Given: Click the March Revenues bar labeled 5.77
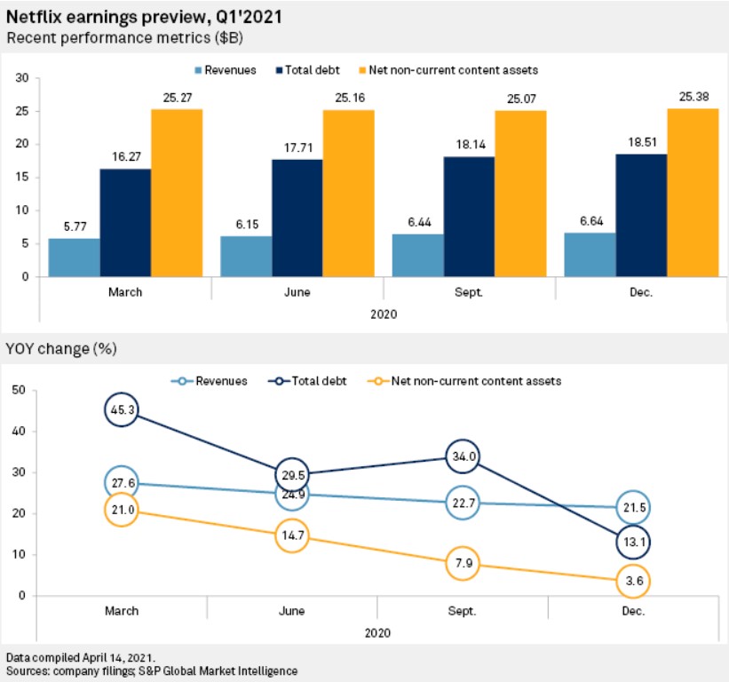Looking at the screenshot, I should coord(74,258).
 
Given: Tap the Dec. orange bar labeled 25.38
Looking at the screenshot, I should coord(692,193).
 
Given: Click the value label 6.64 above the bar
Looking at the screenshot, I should coord(590,224).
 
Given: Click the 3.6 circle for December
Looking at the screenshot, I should coord(635,581).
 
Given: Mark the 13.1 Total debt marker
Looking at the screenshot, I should coord(635,542).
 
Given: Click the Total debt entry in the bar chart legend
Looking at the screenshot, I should coord(311,68).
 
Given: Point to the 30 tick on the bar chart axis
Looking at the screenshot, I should coord(22,78).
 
